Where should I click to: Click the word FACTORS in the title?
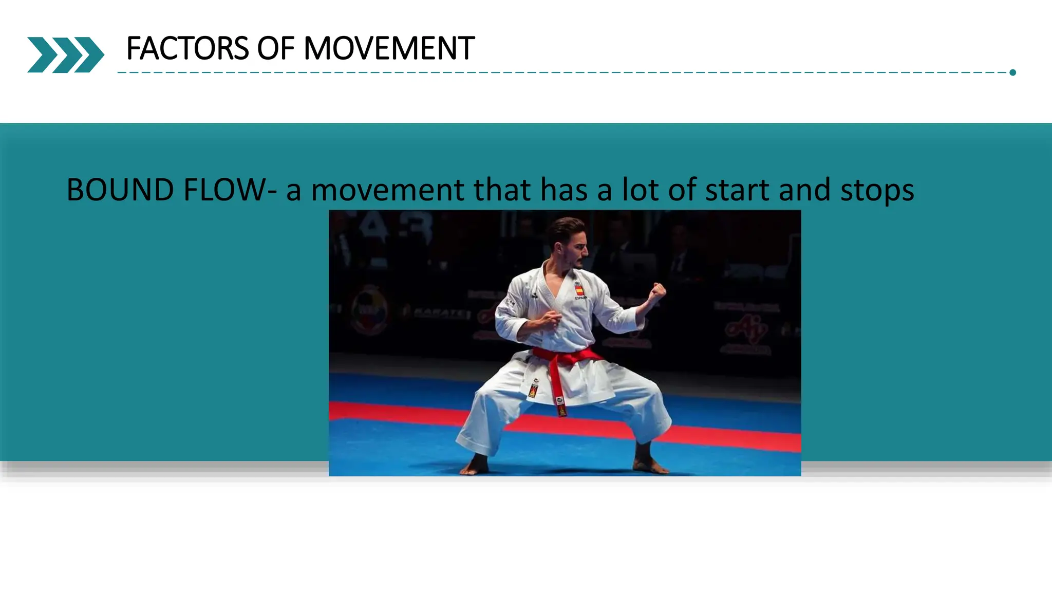(x=187, y=49)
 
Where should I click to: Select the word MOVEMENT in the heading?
(x=389, y=49)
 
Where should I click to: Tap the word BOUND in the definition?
(x=120, y=190)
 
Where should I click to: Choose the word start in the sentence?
(x=737, y=190)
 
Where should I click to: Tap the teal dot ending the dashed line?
(x=1012, y=72)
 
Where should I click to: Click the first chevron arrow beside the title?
(x=41, y=54)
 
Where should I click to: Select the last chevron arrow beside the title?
(x=89, y=54)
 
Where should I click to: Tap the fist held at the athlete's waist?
(x=551, y=319)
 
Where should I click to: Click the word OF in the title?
(x=276, y=49)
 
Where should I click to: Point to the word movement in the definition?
(x=388, y=190)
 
